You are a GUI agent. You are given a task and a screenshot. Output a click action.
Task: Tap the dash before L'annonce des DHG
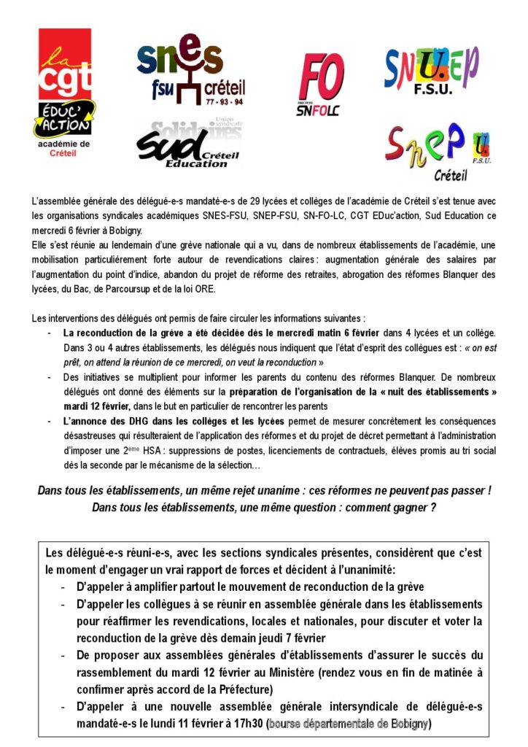pyautogui.click(x=48, y=422)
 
